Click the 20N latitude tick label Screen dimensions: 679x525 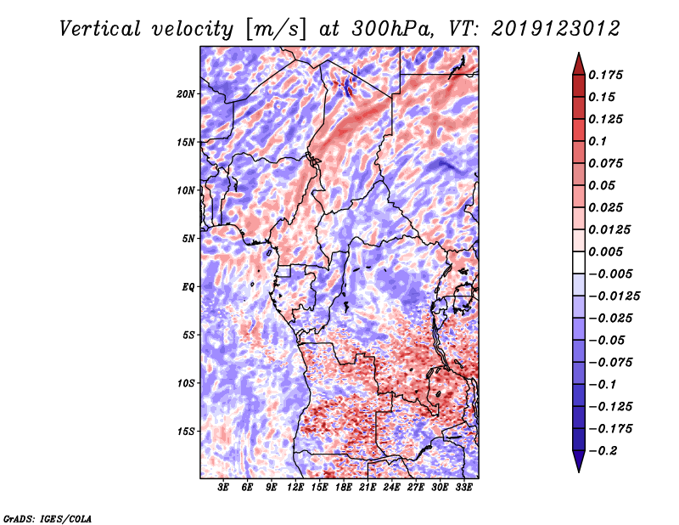pyautogui.click(x=185, y=94)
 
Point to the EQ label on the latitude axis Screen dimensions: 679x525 pyautogui.click(x=188, y=287)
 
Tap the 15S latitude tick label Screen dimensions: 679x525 pyautogui.click(x=186, y=432)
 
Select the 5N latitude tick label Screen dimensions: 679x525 pyautogui.click(x=188, y=239)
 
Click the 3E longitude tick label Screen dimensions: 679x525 pyautogui.click(x=223, y=488)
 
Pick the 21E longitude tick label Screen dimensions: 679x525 pyautogui.click(x=368, y=488)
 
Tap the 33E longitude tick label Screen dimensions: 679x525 pyautogui.click(x=463, y=488)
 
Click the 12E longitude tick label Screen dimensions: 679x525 pyautogui.click(x=295, y=488)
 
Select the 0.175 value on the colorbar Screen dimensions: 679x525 pyautogui.click(x=605, y=75)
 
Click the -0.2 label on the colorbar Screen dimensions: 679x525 pyautogui.click(x=603, y=451)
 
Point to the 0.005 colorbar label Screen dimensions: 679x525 pyautogui.click(x=605, y=251)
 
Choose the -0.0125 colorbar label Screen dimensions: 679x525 pyautogui.click(x=614, y=296)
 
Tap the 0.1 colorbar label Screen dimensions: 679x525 pyautogui.click(x=598, y=141)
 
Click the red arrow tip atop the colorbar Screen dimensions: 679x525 pyautogui.click(x=579, y=53)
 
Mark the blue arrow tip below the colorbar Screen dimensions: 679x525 pyautogui.click(x=579, y=471)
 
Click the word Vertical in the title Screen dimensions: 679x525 pyautogui.click(x=99, y=29)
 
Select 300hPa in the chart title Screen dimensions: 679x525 pyautogui.click(x=391, y=29)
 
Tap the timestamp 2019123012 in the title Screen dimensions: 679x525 pyautogui.click(x=556, y=29)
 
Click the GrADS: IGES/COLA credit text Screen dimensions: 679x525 pyautogui.click(x=48, y=518)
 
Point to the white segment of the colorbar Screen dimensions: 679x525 pyautogui.click(x=579, y=262)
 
